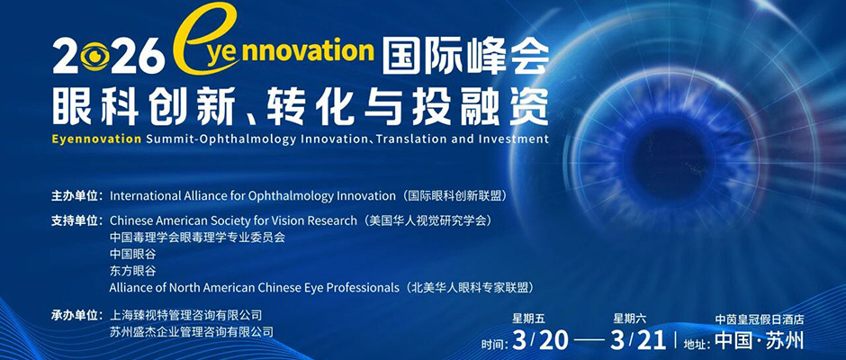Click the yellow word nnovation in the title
coord(304,49)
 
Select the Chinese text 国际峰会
coord(463,55)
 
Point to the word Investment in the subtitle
coord(511,139)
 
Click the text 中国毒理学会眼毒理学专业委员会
coord(197,237)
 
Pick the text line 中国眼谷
coord(132,254)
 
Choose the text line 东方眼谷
coord(132,271)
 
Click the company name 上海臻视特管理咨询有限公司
coord(185,315)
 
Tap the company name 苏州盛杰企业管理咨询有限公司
coord(191,331)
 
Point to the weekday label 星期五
coord(528,319)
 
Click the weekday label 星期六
coord(629,319)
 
